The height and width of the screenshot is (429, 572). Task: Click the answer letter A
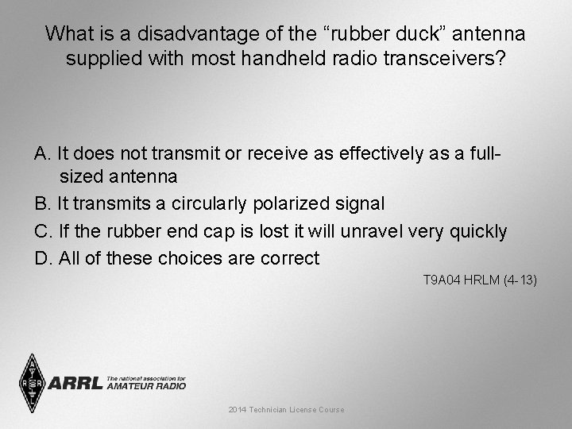click(x=41, y=153)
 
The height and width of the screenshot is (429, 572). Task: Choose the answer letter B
click(x=41, y=204)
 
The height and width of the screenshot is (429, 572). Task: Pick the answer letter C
click(x=41, y=231)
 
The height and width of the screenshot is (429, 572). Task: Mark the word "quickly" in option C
click(x=477, y=231)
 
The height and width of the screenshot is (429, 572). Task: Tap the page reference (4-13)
click(x=520, y=280)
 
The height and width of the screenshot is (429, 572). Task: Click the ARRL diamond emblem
click(x=32, y=382)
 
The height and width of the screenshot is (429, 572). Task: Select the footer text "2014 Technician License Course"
click(x=286, y=409)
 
